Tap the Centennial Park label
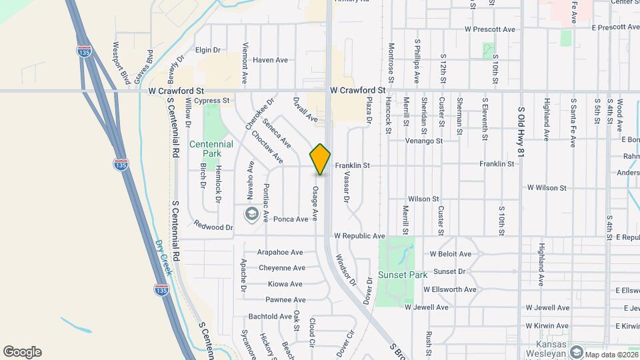(x=211, y=149)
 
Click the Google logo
(x=22, y=352)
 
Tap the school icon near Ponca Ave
(x=251, y=213)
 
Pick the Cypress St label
(x=212, y=101)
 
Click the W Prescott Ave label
(x=490, y=29)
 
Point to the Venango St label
(x=424, y=141)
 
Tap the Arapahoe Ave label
(x=280, y=253)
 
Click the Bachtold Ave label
(x=270, y=316)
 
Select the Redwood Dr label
(x=213, y=227)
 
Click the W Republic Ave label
(x=360, y=236)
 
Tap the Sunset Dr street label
(x=449, y=271)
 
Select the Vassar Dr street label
(x=347, y=187)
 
